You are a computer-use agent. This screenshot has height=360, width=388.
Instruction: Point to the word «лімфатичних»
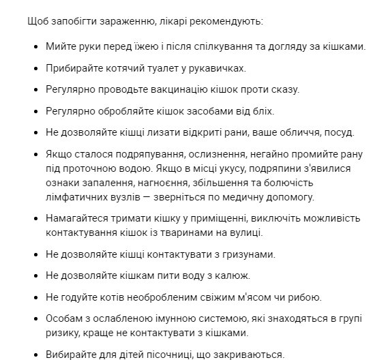[x=75, y=197]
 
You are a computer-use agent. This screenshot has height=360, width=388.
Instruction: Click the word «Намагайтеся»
[x=78, y=219]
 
